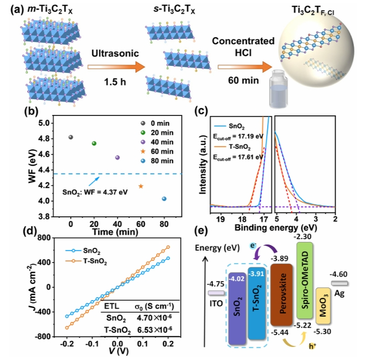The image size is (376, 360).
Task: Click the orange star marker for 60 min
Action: [141, 186]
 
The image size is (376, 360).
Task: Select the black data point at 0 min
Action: [71, 137]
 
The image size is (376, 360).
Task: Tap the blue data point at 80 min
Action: [164, 199]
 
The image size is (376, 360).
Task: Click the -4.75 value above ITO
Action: [213, 284]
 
